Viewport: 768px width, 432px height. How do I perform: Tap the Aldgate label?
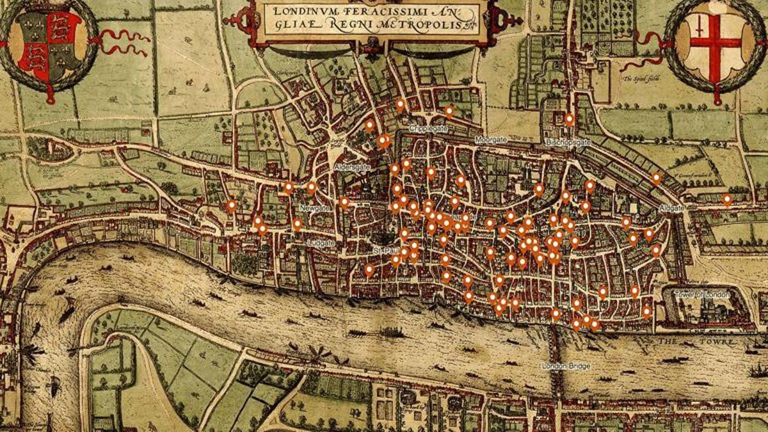pos(672,208)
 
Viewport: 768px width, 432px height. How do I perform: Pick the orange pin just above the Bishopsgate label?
pos(569,119)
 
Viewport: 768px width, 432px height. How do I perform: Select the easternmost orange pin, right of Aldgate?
pos(726,200)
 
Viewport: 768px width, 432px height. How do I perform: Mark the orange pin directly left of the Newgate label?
pos(297,224)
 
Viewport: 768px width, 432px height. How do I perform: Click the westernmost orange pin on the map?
pos(231,205)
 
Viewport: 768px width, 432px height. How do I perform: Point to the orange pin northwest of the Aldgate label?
pos(655,178)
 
